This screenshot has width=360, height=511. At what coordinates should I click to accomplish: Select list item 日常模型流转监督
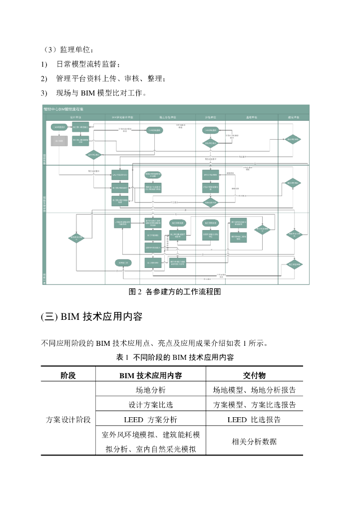(x=88, y=64)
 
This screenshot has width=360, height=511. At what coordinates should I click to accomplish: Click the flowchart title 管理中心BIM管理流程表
(x=64, y=108)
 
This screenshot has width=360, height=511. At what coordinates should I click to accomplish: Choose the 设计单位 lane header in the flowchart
(x=75, y=117)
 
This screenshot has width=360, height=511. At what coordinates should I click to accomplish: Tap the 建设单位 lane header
(x=294, y=117)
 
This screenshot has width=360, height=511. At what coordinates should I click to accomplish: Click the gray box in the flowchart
(x=59, y=141)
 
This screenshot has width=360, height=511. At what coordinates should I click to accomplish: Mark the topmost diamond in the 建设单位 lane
(x=293, y=139)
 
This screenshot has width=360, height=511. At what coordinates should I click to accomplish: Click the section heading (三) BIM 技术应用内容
(x=91, y=316)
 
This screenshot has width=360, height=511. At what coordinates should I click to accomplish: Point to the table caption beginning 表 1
(x=175, y=357)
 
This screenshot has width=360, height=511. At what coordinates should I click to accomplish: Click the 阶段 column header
(x=68, y=375)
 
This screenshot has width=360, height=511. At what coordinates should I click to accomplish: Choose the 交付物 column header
(x=254, y=375)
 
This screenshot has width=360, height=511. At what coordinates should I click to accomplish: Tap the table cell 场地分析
(x=150, y=390)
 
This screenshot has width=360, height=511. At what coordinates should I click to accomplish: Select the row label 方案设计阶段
(x=68, y=420)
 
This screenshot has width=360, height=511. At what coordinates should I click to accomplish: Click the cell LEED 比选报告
(x=254, y=420)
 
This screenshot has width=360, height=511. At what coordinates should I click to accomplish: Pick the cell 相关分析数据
(x=254, y=442)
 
